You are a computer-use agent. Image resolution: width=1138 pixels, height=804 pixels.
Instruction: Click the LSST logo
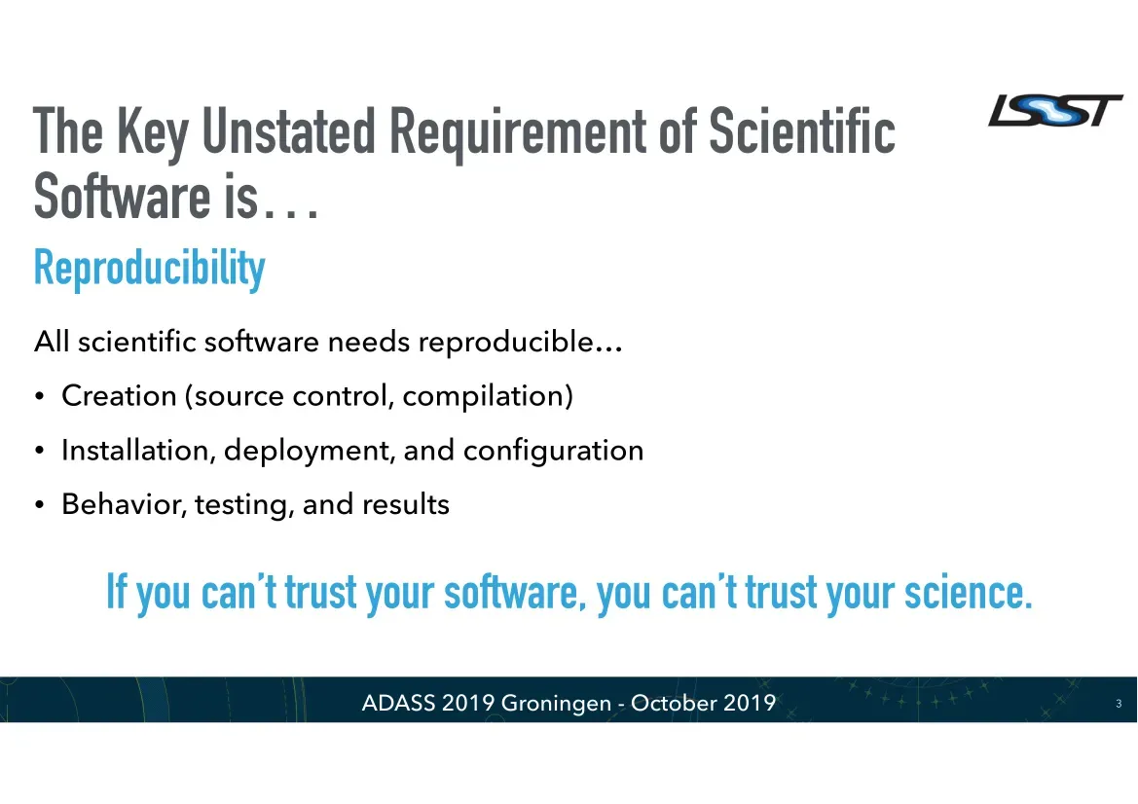tap(1055, 111)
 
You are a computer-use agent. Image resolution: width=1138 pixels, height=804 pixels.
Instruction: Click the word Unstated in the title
tap(288, 131)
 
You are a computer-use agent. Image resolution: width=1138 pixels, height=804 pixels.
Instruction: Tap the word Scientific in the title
tap(802, 130)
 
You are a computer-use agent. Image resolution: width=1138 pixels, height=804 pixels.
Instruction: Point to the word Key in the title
tap(153, 135)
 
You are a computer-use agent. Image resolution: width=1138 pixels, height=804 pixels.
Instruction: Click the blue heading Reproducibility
tap(150, 269)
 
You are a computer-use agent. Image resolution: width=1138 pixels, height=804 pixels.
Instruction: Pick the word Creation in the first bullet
tap(119, 396)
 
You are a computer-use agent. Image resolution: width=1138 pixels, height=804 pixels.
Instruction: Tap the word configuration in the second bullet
tap(553, 452)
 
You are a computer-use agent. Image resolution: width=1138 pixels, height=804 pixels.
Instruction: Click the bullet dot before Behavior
tap(40, 505)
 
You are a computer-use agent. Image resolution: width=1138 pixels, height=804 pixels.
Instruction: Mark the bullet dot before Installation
tap(40, 451)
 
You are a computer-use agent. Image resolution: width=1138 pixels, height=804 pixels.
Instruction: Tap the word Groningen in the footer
tap(556, 703)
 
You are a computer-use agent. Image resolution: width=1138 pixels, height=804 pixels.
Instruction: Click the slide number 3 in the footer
tap(1119, 703)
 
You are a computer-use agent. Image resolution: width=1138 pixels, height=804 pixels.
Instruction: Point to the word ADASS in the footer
tap(398, 703)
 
